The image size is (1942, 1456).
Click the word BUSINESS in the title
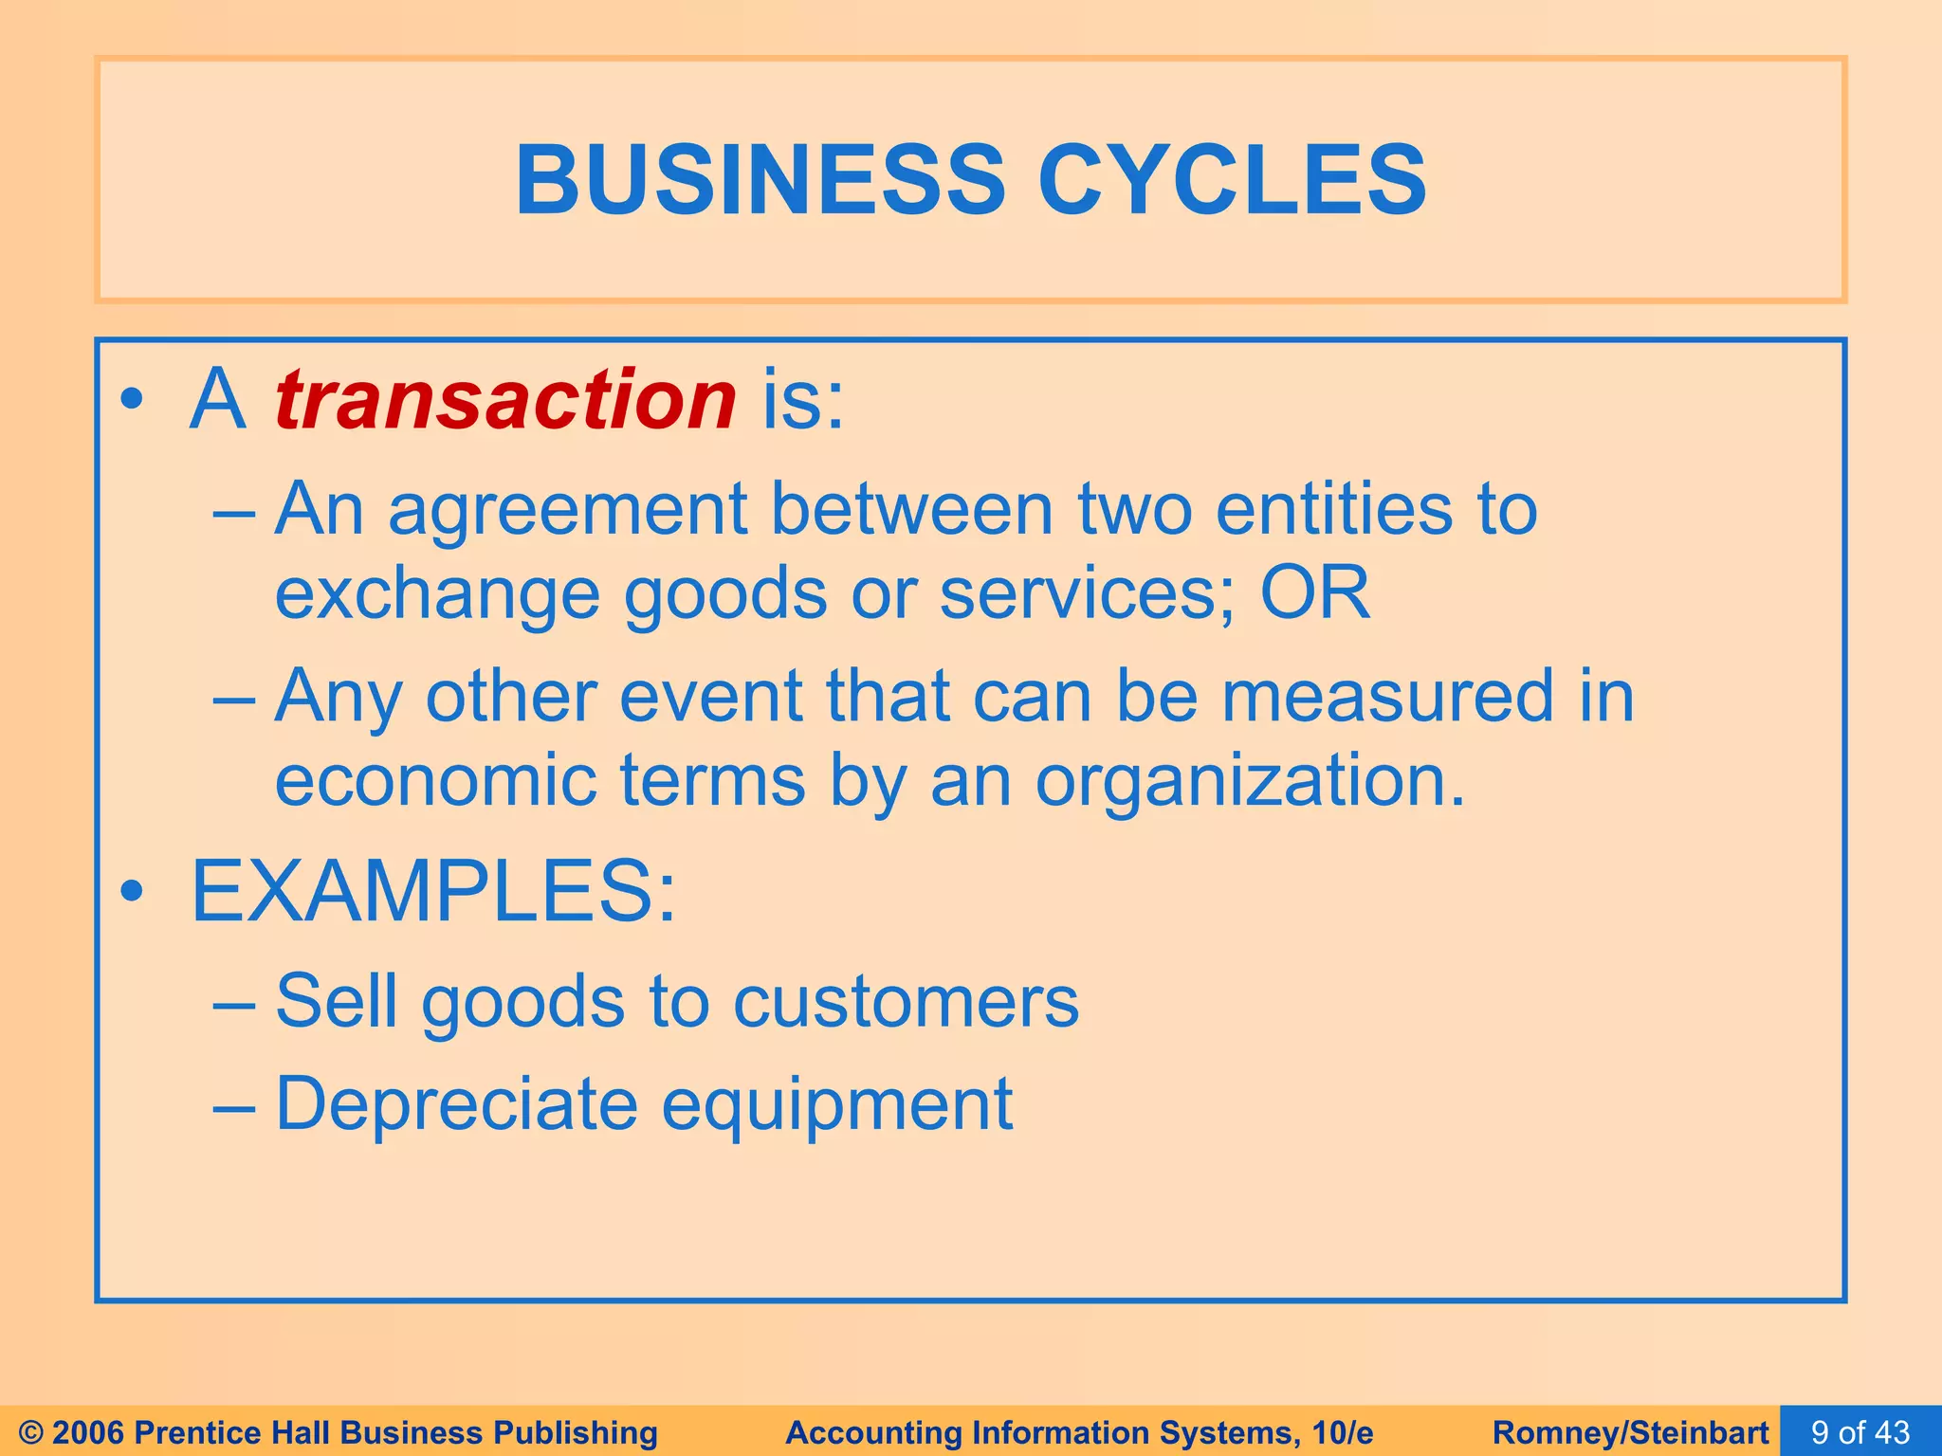(x=760, y=180)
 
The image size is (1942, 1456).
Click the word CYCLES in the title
(x=1232, y=180)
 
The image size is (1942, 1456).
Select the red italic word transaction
(x=505, y=399)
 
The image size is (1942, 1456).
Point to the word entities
(x=1333, y=510)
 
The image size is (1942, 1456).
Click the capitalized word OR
(x=1314, y=593)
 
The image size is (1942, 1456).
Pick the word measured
(x=1386, y=697)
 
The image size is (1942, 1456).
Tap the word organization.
(x=1250, y=782)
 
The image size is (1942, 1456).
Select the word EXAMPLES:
(x=434, y=892)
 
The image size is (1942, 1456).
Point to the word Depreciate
(x=457, y=1104)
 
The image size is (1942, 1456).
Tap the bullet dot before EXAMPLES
(x=132, y=892)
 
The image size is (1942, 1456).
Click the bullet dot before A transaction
(x=132, y=401)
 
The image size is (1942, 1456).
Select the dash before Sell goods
(x=233, y=1004)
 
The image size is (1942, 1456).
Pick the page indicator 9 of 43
(x=1860, y=1432)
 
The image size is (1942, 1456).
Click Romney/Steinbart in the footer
(x=1630, y=1432)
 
